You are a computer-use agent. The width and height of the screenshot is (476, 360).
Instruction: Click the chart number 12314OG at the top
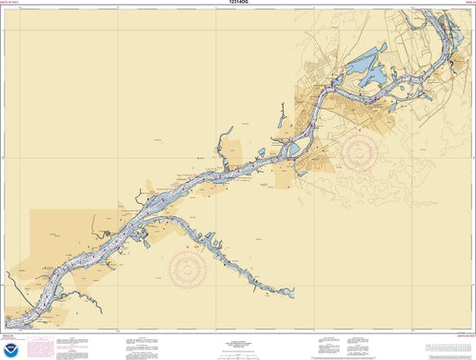[238, 5]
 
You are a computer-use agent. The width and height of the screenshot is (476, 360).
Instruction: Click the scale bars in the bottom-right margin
[419, 340]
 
